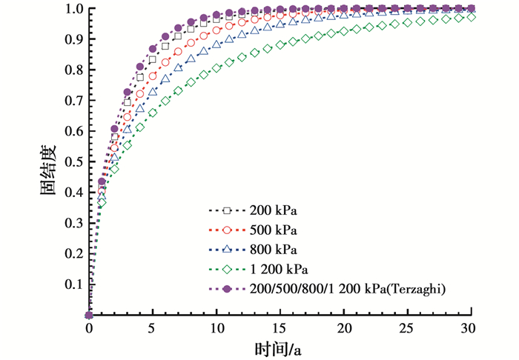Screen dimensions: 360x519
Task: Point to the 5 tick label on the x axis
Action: pos(153,328)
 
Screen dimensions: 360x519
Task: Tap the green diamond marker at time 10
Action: pos(216,68)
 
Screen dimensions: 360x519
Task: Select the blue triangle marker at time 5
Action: pos(153,93)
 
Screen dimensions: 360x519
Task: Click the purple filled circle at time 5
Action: pos(153,48)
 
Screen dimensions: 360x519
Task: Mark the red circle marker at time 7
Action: pos(178,51)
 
